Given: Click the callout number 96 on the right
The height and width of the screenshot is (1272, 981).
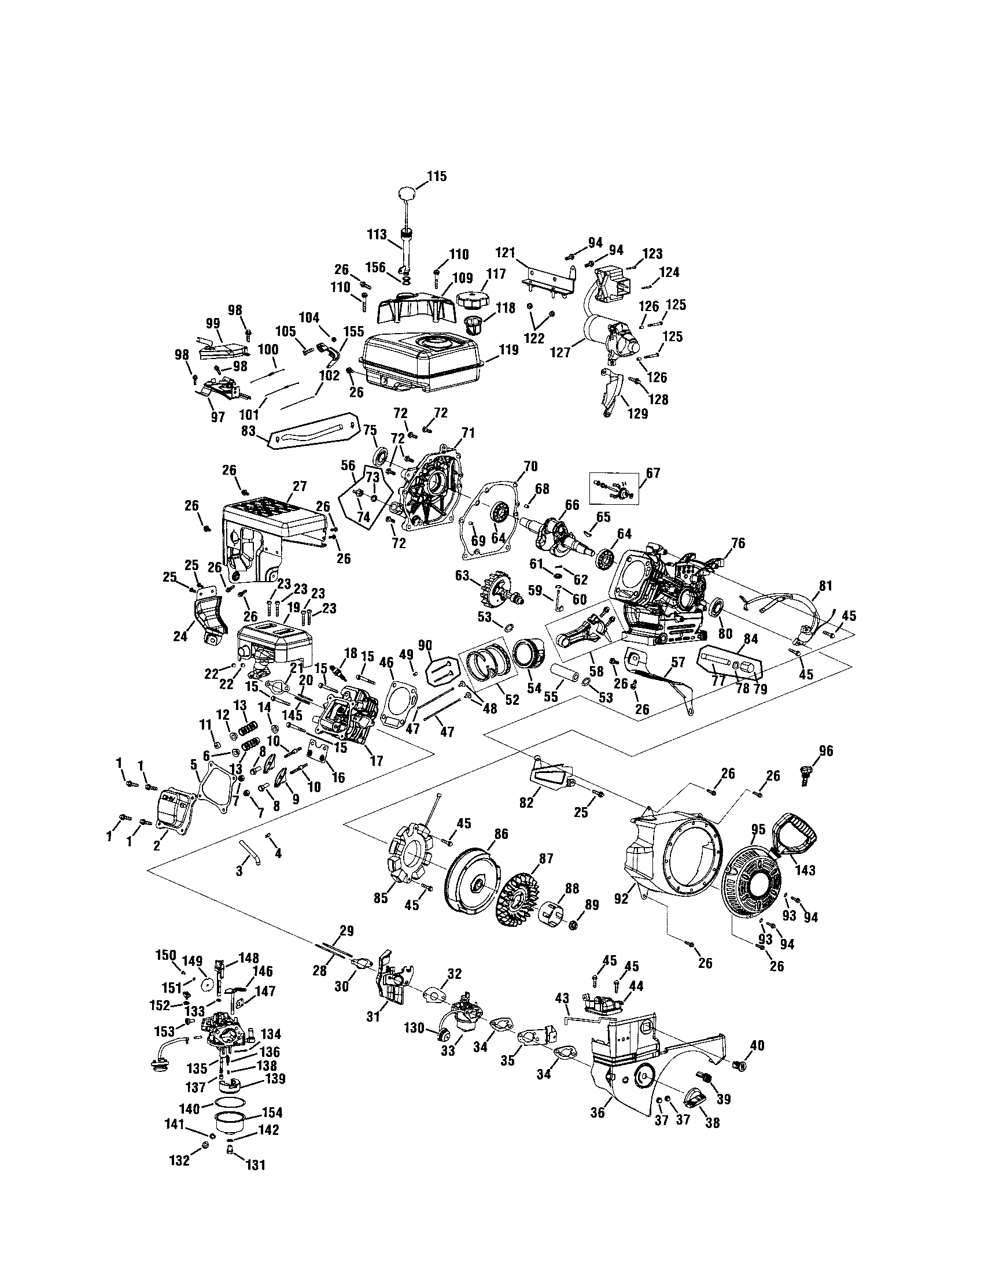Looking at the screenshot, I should click(825, 750).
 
